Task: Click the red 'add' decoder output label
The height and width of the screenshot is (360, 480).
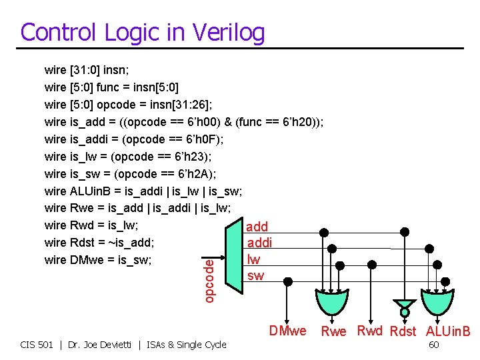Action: click(x=257, y=227)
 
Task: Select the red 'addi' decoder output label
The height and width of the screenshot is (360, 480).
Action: click(x=259, y=243)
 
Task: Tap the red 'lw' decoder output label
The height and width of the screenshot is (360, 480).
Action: click(x=253, y=259)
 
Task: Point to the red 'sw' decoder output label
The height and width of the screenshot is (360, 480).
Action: click(x=255, y=275)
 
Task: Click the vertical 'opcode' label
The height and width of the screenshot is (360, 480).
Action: click(x=209, y=281)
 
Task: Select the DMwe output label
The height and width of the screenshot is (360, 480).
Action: click(x=287, y=331)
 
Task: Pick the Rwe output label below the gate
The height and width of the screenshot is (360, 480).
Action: click(x=334, y=331)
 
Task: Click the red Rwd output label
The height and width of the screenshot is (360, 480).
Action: click(x=370, y=331)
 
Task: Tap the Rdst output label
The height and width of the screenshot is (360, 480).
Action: click(x=403, y=331)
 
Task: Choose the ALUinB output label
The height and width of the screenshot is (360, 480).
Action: click(x=448, y=331)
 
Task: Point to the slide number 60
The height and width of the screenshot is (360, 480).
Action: click(x=433, y=345)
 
